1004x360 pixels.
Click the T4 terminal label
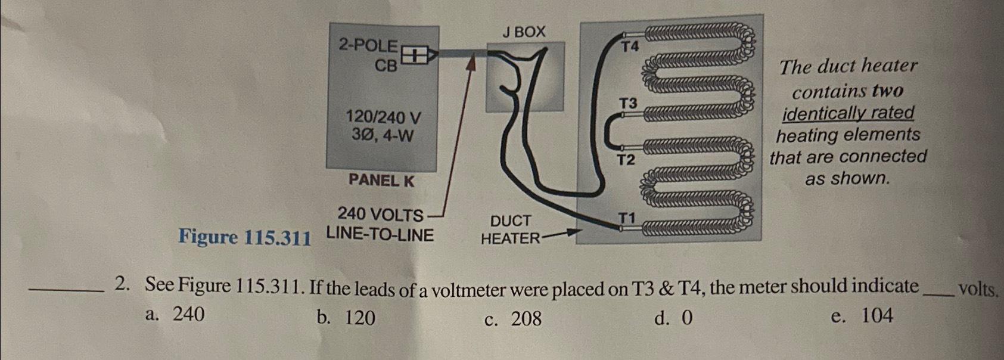coord(630,46)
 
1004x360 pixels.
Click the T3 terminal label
coord(627,104)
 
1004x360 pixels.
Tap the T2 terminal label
coord(626,160)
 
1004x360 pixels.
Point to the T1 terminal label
coord(626,218)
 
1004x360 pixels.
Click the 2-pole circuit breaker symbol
coord(415,56)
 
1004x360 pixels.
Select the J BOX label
coord(523,32)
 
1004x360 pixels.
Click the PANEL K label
coord(381,180)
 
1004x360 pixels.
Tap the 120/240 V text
coord(384,117)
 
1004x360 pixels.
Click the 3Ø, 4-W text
coord(383,136)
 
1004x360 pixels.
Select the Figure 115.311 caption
coord(244,238)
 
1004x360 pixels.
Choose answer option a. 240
coord(175,314)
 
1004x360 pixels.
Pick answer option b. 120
coord(346,318)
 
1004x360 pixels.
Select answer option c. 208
coord(513,319)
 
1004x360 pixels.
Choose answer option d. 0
coord(674,318)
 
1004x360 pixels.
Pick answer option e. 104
coord(862,315)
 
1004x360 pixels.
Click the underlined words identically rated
coord(848,113)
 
